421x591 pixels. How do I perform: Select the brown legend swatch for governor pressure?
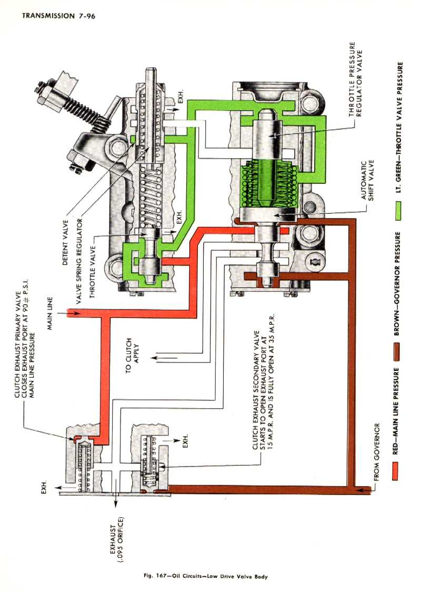(x=396, y=347)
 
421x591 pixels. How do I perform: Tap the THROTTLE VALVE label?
(x=93, y=267)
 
